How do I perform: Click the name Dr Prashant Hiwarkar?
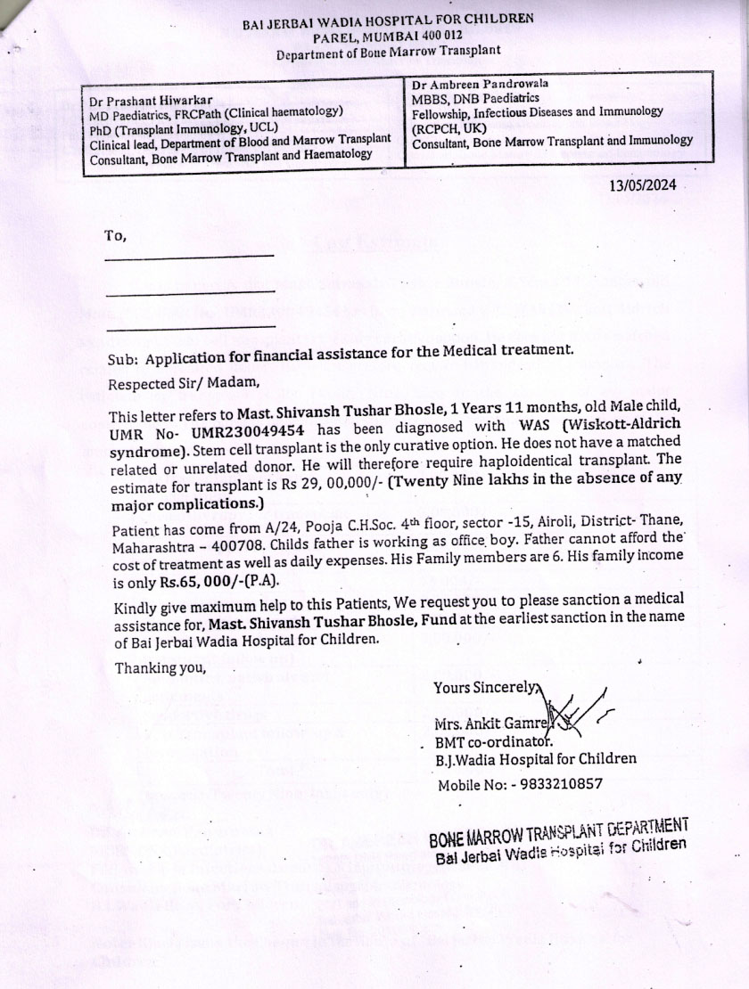(150, 102)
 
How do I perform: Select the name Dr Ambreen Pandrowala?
(481, 84)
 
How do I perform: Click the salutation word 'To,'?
(116, 236)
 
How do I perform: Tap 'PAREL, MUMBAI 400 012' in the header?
(388, 37)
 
